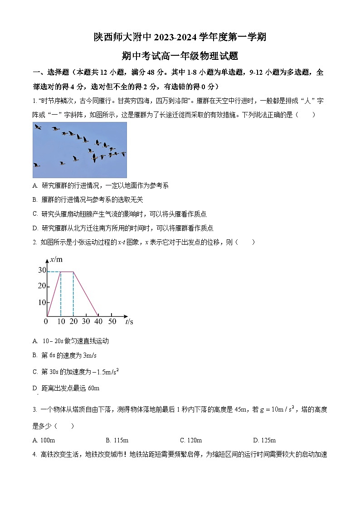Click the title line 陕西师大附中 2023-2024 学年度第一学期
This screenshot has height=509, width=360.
coord(180,37)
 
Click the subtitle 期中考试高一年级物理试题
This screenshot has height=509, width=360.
coord(180,56)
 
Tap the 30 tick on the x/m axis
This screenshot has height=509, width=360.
coord(42,271)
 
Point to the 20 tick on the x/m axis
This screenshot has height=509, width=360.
coord(42,286)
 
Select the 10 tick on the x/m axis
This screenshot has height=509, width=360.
coord(42,302)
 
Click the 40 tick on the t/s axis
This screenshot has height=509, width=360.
coord(98,321)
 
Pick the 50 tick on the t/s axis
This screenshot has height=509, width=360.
coord(112,321)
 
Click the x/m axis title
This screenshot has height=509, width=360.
coord(56,260)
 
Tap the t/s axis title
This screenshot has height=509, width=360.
coord(129,321)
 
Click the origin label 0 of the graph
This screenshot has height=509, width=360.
coord(46,321)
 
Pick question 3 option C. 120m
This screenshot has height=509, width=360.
coord(190,440)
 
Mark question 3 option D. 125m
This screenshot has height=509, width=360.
coord(264,440)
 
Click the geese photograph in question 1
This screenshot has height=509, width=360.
coord(80,150)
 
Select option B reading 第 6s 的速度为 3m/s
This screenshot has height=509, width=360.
coord(69,356)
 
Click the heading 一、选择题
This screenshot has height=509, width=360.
coord(50,72)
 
